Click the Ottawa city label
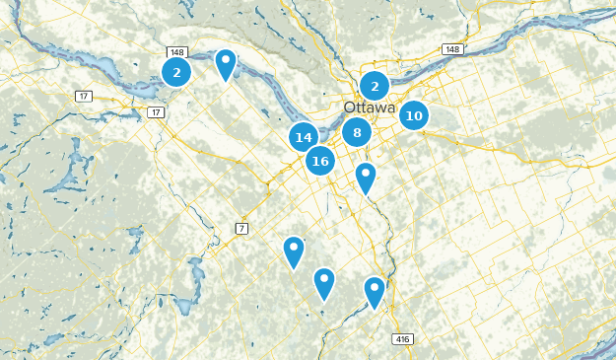point(370,108)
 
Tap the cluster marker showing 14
point(304,138)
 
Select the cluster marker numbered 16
point(319,160)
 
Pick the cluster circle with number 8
point(357,132)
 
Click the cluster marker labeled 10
point(414,115)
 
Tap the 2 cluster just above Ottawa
point(375,86)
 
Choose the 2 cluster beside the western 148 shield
point(176,71)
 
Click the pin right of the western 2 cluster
point(226,63)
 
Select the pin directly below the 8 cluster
point(366,177)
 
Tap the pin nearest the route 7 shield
point(294,250)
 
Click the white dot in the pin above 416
point(374,287)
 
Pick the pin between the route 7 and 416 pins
point(324,281)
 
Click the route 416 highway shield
point(402,338)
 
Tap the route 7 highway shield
point(241,229)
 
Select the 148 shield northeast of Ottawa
point(452,49)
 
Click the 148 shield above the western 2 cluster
point(177,52)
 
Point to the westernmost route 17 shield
point(83,96)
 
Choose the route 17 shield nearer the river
point(156,112)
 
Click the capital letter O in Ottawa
point(350,108)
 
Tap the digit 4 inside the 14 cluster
point(308,138)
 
